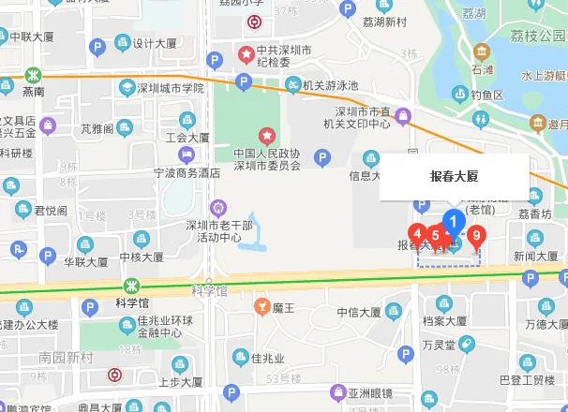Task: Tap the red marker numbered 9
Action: pos(477,236)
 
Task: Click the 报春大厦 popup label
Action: pos(455,176)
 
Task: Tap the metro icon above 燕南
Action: pos(34,73)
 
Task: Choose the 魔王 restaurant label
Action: pos(284,307)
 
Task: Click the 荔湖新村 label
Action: pos(383,22)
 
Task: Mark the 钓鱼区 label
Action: pos(487,94)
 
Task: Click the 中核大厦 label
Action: pos(142,257)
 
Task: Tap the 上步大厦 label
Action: pos(180,381)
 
